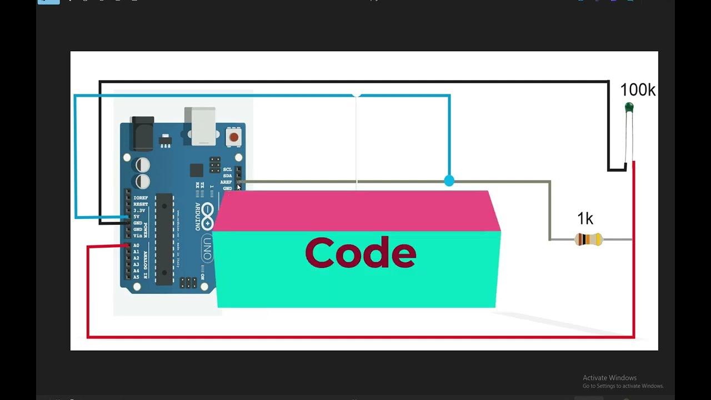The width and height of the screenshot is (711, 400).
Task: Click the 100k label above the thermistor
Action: pyautogui.click(x=637, y=90)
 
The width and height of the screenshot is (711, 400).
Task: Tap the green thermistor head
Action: pyautogui.click(x=629, y=107)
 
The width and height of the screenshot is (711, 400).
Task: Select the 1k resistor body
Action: pyautogui.click(x=588, y=239)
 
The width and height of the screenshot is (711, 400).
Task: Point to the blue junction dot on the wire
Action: pyautogui.click(x=449, y=181)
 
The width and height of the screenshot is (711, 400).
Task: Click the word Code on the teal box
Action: pyautogui.click(x=360, y=253)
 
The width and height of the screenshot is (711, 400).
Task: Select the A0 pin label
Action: pyautogui.click(x=136, y=245)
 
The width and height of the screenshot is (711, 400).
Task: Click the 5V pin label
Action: pyautogui.click(x=136, y=217)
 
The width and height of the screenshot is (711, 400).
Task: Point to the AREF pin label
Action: pyautogui.click(x=226, y=182)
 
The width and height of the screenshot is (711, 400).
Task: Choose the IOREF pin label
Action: pyautogui.click(x=140, y=198)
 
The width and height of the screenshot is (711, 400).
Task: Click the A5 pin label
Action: pyautogui.click(x=136, y=277)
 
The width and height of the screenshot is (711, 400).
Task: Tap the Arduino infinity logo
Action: pyautogui.click(x=207, y=217)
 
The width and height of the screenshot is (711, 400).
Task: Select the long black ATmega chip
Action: pyautogui.click(x=164, y=239)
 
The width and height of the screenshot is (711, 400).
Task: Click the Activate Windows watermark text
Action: pyautogui.click(x=609, y=378)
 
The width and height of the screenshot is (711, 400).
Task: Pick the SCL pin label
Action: pyautogui.click(x=227, y=169)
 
